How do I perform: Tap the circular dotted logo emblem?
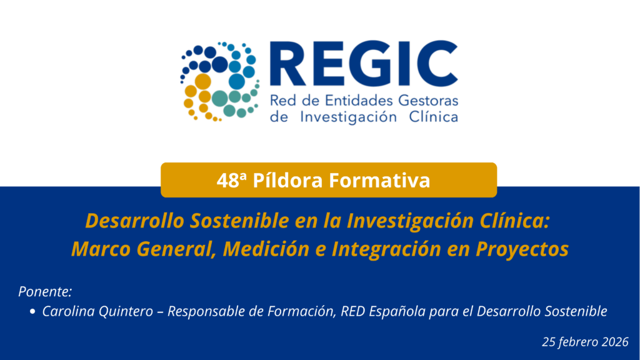tap(219, 82)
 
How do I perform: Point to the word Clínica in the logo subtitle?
tap(434, 117)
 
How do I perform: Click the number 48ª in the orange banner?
tap(232, 181)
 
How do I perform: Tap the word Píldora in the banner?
tap(287, 180)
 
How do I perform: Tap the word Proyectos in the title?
tap(522, 249)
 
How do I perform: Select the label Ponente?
tap(45, 291)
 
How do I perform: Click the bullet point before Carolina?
tap(32, 311)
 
